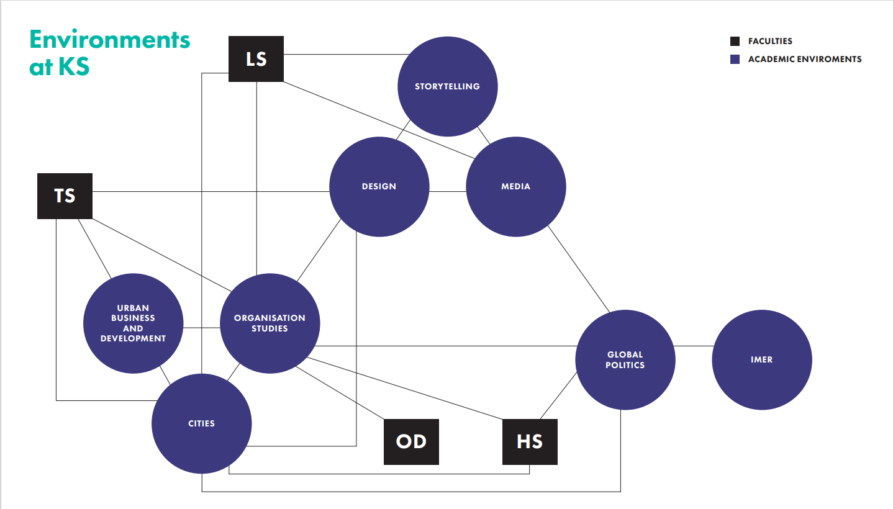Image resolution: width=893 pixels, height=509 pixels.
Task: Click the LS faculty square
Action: point(256,59)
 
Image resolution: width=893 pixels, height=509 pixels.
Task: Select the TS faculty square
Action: point(65,196)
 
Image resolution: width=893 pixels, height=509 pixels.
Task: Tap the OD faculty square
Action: point(411,441)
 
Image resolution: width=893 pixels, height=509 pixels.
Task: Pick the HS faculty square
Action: point(530,441)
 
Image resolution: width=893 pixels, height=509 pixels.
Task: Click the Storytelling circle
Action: point(447,86)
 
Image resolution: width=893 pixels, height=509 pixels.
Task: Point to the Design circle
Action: point(379,186)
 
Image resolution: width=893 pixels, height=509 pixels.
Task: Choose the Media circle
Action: point(515,186)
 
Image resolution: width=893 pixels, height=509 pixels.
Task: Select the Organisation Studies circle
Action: point(270,323)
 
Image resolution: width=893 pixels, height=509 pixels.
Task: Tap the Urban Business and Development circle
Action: point(133,323)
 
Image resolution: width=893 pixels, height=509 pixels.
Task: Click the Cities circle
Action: point(201,423)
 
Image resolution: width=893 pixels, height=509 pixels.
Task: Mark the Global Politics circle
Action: point(625,360)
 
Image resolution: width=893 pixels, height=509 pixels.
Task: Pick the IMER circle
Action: point(761,360)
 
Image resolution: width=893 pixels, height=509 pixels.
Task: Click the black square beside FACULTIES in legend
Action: point(735,42)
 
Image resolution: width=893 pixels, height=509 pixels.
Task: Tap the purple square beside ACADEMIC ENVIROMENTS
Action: point(735,60)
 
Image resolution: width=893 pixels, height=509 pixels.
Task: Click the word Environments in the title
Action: point(109,39)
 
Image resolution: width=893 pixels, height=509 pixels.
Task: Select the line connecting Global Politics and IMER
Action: point(693,346)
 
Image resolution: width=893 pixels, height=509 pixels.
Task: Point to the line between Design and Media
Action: point(447,191)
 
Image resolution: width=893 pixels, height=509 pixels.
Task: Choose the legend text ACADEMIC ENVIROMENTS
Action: point(804,60)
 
